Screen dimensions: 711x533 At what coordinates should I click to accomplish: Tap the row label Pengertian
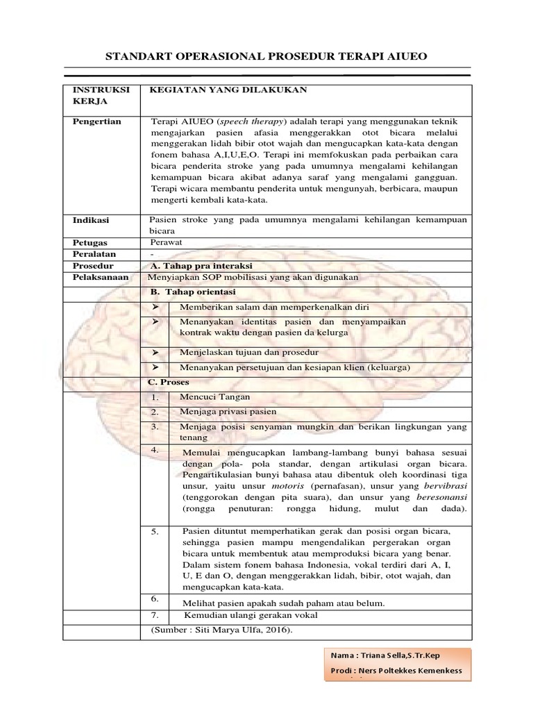tap(97, 122)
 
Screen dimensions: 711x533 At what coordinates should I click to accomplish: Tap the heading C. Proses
tap(169, 382)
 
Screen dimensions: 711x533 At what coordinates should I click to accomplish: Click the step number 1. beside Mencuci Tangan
tap(155, 399)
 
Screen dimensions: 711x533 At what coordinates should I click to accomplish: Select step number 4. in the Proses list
tap(155, 451)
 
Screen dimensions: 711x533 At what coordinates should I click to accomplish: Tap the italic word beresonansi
tap(441, 498)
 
